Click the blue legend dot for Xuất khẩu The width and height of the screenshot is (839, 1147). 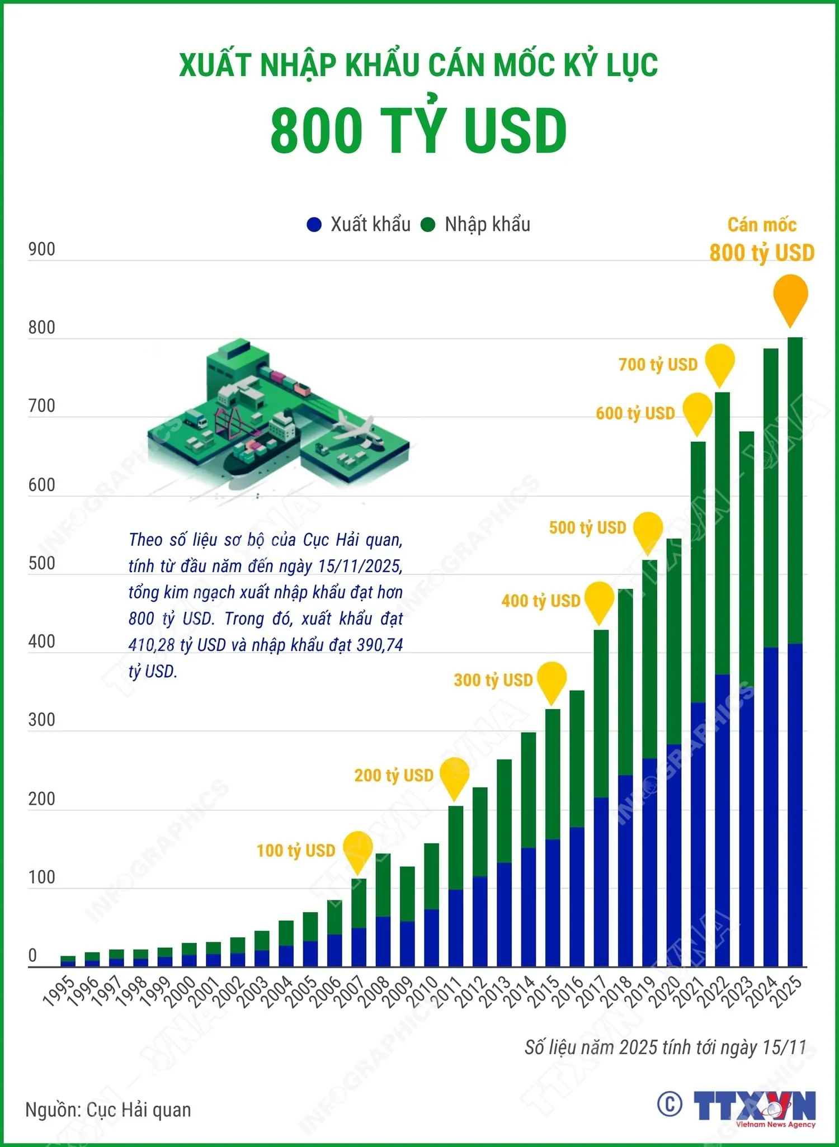click(x=314, y=225)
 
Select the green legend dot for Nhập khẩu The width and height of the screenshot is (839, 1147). click(x=428, y=225)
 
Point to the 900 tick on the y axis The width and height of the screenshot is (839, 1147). click(x=41, y=249)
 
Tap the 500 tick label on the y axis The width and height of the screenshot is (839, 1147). click(x=41, y=563)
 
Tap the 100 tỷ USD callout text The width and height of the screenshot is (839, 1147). click(x=295, y=851)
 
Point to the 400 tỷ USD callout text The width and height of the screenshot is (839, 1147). click(x=541, y=601)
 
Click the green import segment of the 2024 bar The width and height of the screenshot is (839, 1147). click(x=771, y=498)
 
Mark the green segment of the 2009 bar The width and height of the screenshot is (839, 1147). click(x=407, y=894)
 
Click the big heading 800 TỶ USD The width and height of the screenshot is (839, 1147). click(x=418, y=130)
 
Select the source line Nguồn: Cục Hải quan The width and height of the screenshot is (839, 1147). click(x=108, y=1110)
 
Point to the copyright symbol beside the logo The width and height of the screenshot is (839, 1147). click(x=670, y=1104)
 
